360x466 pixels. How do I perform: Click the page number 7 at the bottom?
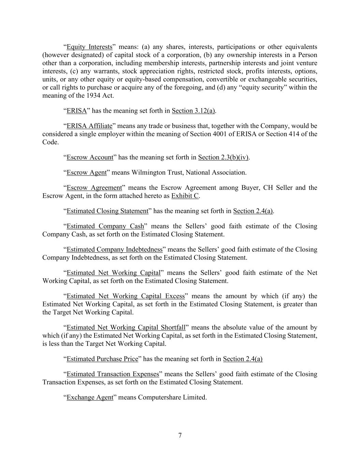pyautogui.click(x=180, y=435)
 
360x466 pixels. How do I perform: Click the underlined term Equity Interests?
pyautogui.click(x=89, y=47)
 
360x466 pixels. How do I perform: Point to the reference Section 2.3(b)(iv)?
pyautogui.click(x=224, y=157)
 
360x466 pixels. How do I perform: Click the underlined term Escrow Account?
pyautogui.click(x=90, y=157)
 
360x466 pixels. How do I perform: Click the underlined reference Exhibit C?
pyautogui.click(x=185, y=196)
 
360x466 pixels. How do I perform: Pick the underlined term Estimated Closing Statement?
pyautogui.click(x=107, y=211)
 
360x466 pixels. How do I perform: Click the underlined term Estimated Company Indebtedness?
pyautogui.click(x=114, y=250)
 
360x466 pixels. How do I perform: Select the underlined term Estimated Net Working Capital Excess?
pyautogui.click(x=126, y=296)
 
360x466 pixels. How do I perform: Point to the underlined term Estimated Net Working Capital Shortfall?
pyautogui.click(x=126, y=328)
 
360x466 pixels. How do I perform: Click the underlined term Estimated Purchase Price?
pyautogui.click(x=102, y=359)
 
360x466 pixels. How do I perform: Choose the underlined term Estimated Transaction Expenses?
pyautogui.click(x=113, y=374)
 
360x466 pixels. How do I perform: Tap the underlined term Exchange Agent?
pyautogui.click(x=90, y=397)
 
